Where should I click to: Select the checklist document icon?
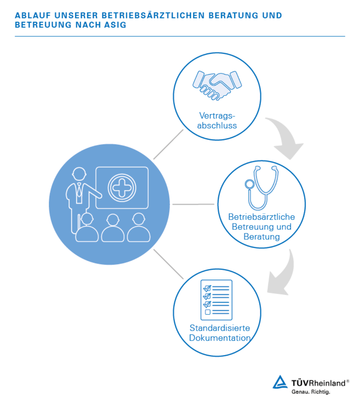coord(216,300)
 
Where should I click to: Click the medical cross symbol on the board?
coord(122,188)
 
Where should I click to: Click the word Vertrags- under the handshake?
coord(217,116)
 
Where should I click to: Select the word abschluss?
coord(217,125)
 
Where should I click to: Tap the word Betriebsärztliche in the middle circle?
coord(262,217)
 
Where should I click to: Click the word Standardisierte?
coord(220,328)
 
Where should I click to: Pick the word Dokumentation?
coord(220,338)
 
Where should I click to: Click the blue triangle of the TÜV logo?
coord(280,382)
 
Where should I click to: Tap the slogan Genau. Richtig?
coord(311,392)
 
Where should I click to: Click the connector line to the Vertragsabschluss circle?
coord(168,144)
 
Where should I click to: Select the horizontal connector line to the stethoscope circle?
coord(193,204)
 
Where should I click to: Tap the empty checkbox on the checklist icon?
coord(208,312)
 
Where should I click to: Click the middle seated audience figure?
coord(113,228)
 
